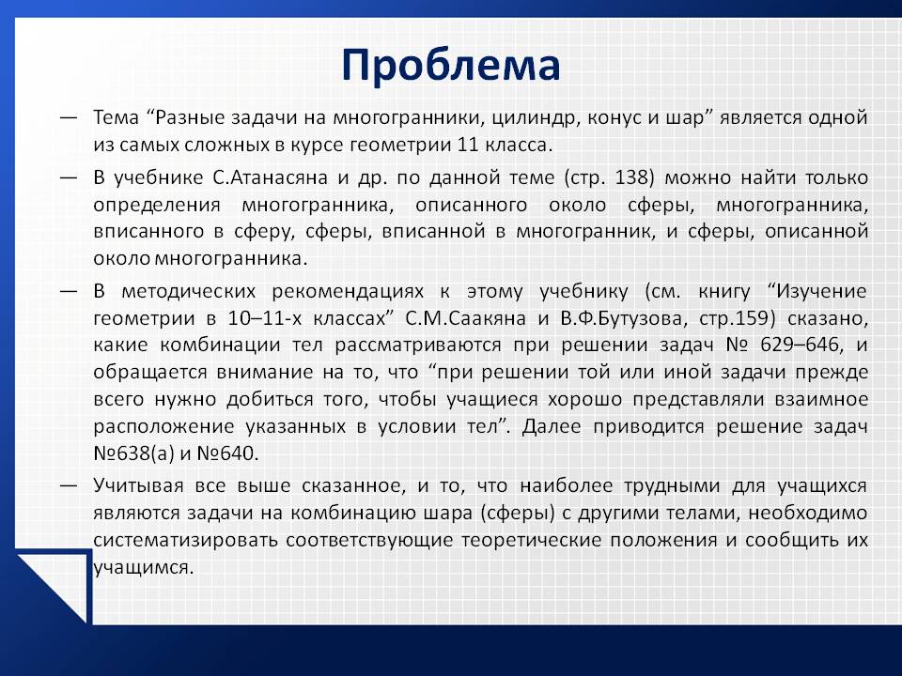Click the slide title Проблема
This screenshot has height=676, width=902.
[x=450, y=66]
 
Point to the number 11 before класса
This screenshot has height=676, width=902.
[x=468, y=145]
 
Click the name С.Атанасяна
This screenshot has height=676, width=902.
[x=270, y=177]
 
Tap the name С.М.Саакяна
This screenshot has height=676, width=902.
[x=465, y=318]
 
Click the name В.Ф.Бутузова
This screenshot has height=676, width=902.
[x=623, y=318]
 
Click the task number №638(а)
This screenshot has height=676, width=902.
[x=133, y=453]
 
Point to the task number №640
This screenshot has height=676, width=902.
[x=227, y=453]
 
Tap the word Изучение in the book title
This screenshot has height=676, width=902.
[x=821, y=291]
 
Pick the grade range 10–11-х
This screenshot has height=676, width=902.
[x=265, y=318]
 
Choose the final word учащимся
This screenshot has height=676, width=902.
[x=143, y=568]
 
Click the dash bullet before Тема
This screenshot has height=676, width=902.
[x=69, y=118]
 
